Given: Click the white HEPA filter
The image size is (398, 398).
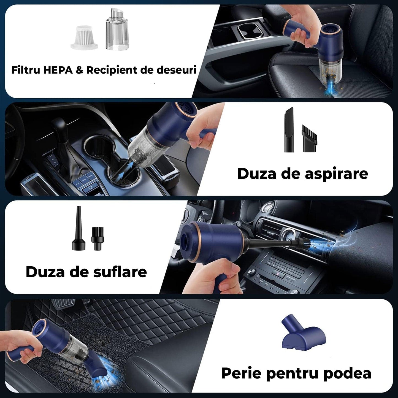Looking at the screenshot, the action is (x=84, y=37).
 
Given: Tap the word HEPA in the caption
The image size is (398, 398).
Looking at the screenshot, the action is (x=58, y=70).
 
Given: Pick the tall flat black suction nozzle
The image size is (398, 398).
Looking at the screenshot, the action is (x=289, y=130).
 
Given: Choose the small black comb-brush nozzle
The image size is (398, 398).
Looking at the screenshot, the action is (x=309, y=138).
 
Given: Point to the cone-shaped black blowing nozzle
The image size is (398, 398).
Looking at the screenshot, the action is (x=78, y=228).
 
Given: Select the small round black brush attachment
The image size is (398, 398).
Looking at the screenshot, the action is (x=98, y=239).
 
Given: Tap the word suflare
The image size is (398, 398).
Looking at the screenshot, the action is (x=120, y=272).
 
